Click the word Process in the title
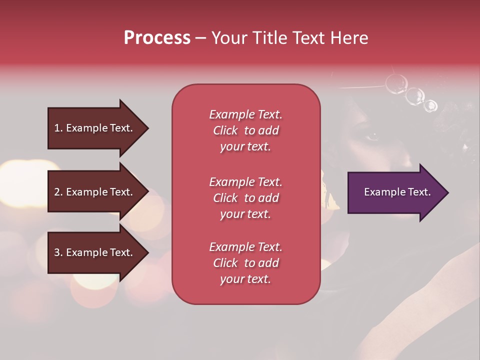click(x=157, y=38)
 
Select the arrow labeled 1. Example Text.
click(x=95, y=128)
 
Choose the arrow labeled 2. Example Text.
click(x=95, y=192)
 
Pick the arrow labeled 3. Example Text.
click(x=95, y=252)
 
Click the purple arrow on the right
click(x=395, y=192)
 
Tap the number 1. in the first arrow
click(x=58, y=128)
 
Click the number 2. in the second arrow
click(x=58, y=192)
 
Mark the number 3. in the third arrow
click(x=58, y=252)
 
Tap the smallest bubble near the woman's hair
click(x=430, y=106)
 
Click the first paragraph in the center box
click(x=245, y=130)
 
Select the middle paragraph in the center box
click(x=245, y=198)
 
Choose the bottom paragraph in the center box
click(x=245, y=263)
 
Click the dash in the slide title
click(x=200, y=38)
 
